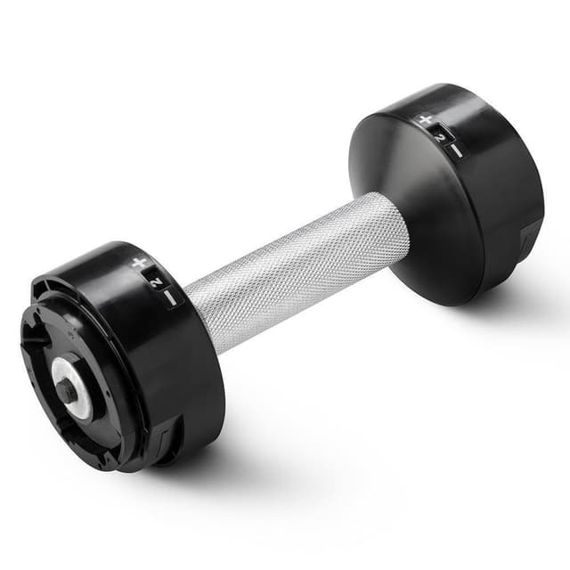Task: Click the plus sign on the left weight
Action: (x=139, y=263)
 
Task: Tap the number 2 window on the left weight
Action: (x=155, y=280)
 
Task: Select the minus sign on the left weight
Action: (x=170, y=297)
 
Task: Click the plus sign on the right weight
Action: (x=426, y=119)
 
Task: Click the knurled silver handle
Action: (x=298, y=269)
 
